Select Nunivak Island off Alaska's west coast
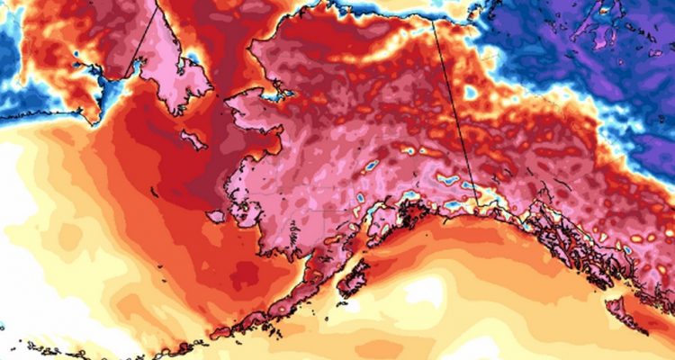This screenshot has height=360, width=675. (x=217, y=217)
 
